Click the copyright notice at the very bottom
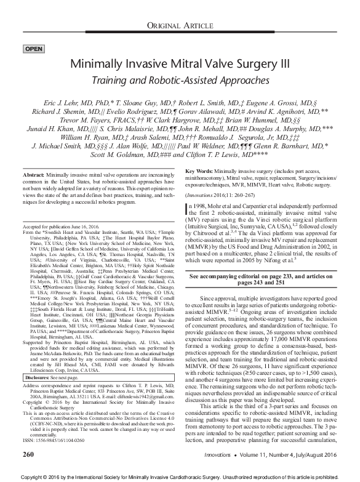point(180,476)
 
